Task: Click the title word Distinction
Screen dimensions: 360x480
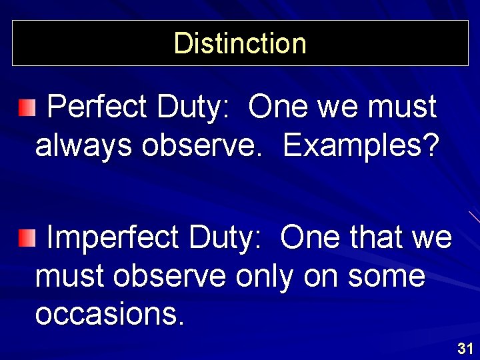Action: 240,43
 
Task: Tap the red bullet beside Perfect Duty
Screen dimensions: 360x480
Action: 25,107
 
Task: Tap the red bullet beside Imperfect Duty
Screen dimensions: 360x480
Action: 25,237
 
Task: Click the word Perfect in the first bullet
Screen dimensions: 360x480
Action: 97,107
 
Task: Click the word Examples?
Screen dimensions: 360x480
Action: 360,147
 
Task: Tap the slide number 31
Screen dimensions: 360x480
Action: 465,348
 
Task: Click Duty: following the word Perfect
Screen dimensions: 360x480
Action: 195,107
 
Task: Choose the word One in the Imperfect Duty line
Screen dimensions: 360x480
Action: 309,237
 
